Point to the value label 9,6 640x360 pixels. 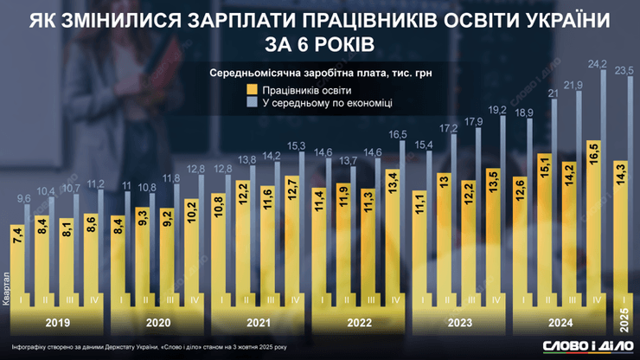[26, 199]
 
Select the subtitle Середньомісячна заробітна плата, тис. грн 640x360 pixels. [320, 74]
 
